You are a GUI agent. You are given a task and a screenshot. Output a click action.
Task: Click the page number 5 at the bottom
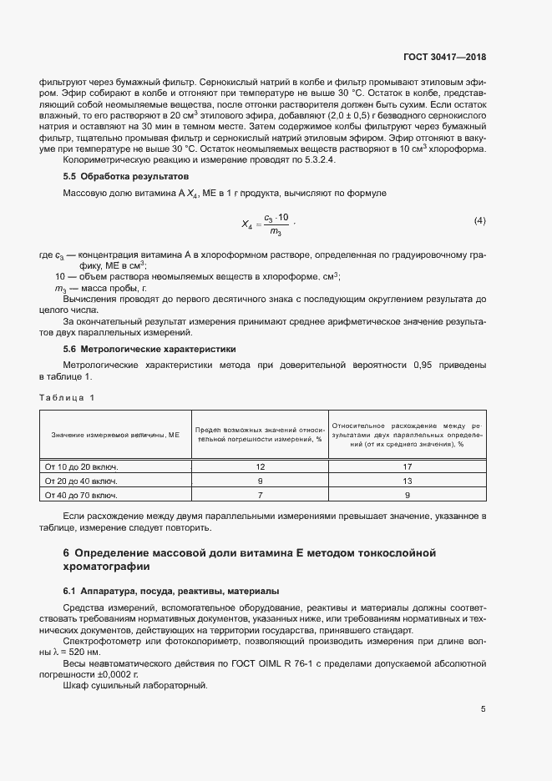coord(484,708)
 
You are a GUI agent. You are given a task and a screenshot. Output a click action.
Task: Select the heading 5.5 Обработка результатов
coord(125,177)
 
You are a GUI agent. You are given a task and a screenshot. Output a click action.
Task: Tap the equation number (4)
coord(479,220)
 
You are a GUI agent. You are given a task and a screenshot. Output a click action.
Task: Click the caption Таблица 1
coord(68,397)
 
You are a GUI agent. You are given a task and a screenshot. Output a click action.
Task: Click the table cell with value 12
coord(260,466)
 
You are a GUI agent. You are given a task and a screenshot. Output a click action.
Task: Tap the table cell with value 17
coord(407,466)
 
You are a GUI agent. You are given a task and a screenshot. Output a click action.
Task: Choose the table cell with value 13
coord(407,481)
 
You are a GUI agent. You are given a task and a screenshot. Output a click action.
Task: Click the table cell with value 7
coord(260,495)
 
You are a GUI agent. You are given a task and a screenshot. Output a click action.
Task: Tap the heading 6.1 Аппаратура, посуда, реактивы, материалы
coord(171,591)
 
